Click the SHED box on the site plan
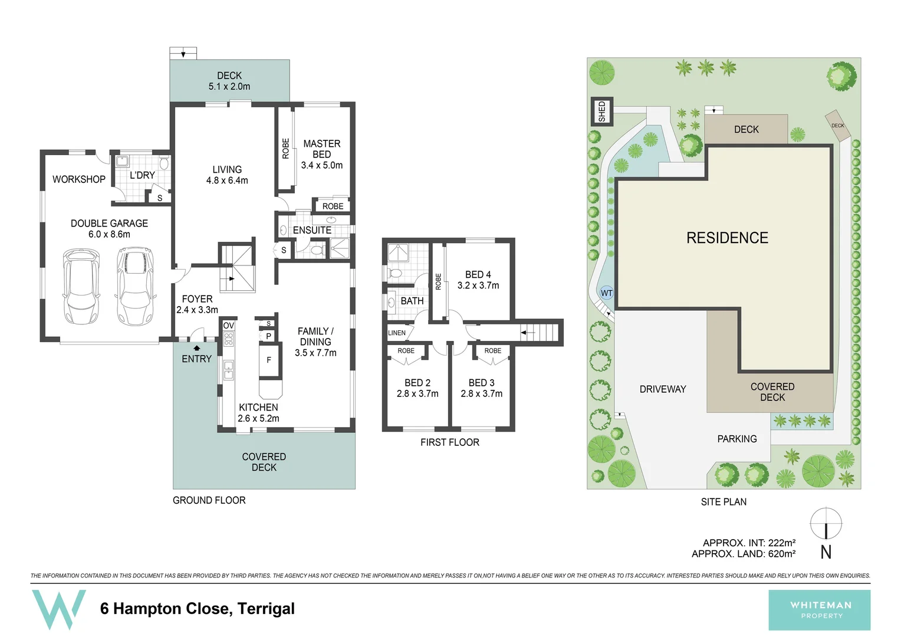[x=602, y=111]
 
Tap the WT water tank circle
[x=606, y=293]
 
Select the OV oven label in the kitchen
[x=228, y=326]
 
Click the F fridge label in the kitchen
[x=269, y=360]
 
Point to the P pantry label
[x=268, y=336]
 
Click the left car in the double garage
[x=81, y=287]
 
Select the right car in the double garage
[x=136, y=286]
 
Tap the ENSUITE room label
[x=312, y=230]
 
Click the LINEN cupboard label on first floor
[x=397, y=333]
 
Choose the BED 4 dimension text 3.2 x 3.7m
[x=478, y=285]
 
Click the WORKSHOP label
[x=79, y=179]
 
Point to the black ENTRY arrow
[x=197, y=348]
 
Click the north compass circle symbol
[x=826, y=523]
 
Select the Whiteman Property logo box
[x=819, y=610]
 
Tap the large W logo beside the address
[x=58, y=609]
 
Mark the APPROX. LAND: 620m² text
[x=744, y=554]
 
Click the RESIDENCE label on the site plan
[x=727, y=238]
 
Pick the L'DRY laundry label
[x=142, y=175]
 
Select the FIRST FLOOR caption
[x=449, y=442]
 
